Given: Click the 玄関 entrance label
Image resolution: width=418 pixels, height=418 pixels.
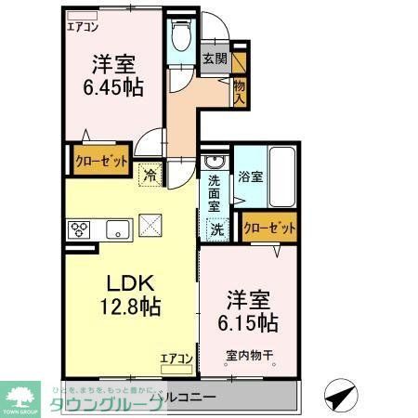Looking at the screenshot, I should [216, 58].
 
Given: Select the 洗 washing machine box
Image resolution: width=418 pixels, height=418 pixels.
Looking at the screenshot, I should [216, 228].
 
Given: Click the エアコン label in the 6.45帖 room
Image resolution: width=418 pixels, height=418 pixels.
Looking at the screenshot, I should [83, 26].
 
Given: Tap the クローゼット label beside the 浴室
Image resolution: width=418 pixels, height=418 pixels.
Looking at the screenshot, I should [269, 227].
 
